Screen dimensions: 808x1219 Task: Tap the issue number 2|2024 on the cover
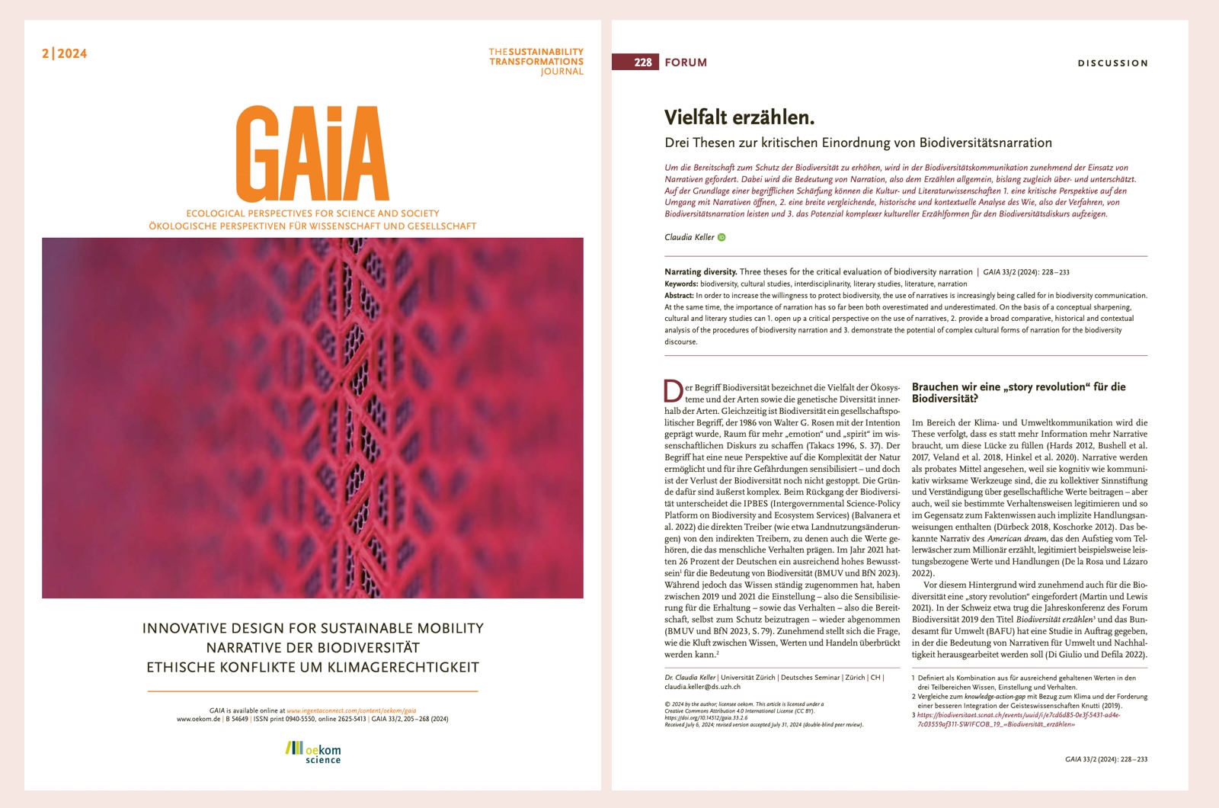65,53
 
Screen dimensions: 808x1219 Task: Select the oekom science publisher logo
313,752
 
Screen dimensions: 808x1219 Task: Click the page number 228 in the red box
642,63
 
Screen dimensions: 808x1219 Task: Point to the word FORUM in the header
686,63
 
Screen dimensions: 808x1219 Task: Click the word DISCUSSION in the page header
1112,63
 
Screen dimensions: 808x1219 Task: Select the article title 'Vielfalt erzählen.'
739,117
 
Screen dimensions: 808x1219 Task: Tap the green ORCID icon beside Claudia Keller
721,237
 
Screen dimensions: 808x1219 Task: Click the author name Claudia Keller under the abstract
689,237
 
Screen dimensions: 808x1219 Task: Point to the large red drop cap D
673,392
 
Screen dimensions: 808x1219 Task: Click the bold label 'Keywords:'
681,284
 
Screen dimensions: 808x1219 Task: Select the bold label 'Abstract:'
679,296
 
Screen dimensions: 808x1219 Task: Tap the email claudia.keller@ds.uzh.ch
702,687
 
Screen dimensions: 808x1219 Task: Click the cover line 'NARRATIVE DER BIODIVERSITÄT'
312,648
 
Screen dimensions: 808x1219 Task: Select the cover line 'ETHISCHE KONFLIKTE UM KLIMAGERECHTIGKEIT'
312,668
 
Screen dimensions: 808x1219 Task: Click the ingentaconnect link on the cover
351,710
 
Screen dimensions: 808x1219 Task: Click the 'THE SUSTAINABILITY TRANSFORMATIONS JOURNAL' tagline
536,62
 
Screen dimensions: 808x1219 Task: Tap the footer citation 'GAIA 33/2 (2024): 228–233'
1105,759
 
